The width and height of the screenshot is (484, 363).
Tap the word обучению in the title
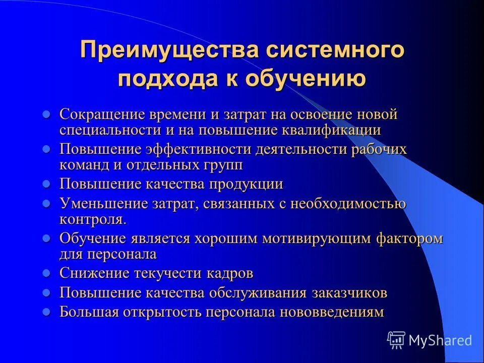(306, 79)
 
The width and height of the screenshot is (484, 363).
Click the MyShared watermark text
(440, 340)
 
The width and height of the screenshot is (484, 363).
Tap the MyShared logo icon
(396, 340)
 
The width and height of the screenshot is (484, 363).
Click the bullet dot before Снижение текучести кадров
(46, 273)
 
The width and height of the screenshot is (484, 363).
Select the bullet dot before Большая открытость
(46, 312)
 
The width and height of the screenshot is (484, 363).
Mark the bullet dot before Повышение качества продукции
(46, 184)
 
